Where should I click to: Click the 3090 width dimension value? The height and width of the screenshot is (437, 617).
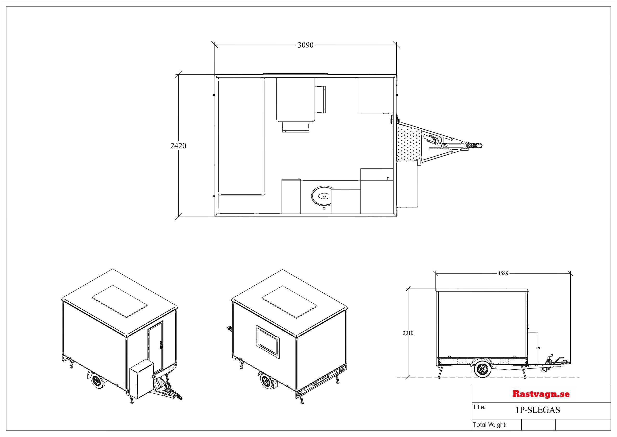tap(306, 45)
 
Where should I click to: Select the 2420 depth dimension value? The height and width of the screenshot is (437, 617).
tap(178, 146)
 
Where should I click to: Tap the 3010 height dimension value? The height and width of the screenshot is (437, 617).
tap(408, 333)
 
